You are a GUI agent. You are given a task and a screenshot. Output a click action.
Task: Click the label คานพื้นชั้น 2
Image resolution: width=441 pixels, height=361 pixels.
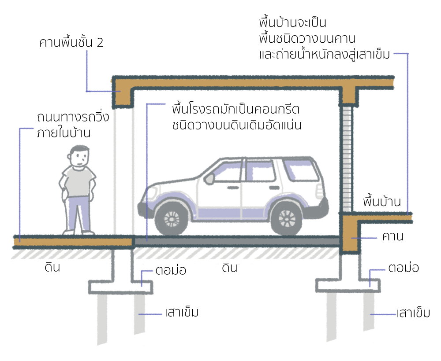coord(71,43)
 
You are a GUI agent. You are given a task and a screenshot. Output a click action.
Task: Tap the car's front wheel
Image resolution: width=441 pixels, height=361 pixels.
coord(171,219)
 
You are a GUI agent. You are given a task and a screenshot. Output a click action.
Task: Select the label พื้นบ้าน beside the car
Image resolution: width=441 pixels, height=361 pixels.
coord(381,202)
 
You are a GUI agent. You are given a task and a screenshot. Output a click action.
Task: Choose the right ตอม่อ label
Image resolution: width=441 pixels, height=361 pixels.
coord(403,267)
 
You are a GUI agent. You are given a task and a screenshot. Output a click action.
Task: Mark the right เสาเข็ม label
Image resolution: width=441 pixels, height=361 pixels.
coord(413,314)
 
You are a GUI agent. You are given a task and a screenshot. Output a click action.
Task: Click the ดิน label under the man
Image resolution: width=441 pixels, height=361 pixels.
coord(52,267)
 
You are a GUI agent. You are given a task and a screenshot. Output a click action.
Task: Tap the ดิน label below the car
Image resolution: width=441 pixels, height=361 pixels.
coord(230,267)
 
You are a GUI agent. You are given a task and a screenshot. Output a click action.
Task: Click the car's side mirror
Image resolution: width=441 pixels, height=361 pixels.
coord(209,178)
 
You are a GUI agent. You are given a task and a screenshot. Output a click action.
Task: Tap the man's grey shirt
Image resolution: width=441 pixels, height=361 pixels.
coord(78,181)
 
